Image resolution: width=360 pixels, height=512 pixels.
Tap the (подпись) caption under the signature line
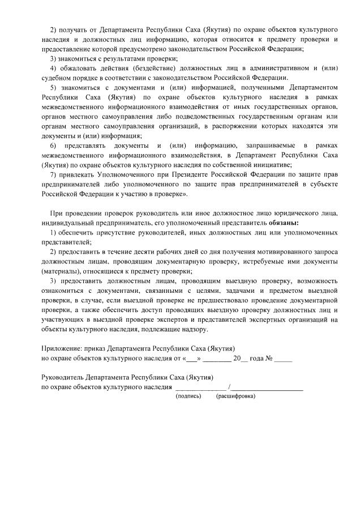point(189,396)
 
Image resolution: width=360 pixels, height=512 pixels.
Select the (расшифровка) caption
point(235,396)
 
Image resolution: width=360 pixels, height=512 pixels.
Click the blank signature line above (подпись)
point(200,389)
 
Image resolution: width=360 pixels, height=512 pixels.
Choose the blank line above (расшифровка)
point(267,389)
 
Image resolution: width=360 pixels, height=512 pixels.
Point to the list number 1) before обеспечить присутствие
point(54,233)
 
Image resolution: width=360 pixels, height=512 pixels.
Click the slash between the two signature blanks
point(229,387)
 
